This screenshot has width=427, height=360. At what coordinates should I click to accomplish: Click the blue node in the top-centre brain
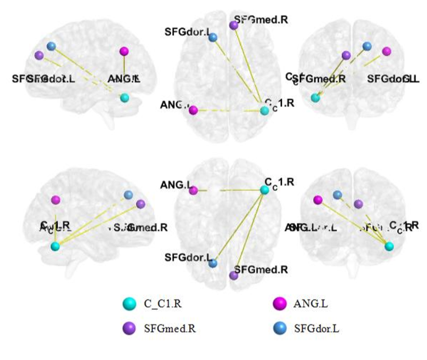tap(213, 37)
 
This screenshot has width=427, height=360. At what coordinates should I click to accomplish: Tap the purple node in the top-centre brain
tap(233, 25)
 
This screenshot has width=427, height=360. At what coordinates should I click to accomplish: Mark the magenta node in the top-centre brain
tap(194, 110)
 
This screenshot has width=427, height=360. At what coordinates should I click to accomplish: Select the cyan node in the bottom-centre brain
tap(264, 189)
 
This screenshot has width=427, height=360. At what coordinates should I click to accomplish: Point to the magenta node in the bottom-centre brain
tap(194, 190)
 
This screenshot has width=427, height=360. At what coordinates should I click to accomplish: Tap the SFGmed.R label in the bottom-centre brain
tap(261, 270)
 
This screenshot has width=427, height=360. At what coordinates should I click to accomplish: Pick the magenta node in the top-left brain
tap(124, 51)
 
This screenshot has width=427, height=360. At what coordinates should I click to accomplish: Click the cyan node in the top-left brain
tap(124, 98)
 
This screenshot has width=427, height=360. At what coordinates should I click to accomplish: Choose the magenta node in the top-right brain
tap(387, 51)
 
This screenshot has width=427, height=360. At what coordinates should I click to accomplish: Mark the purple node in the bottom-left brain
tap(140, 204)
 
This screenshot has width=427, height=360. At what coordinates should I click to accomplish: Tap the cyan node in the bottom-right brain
tap(389, 246)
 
